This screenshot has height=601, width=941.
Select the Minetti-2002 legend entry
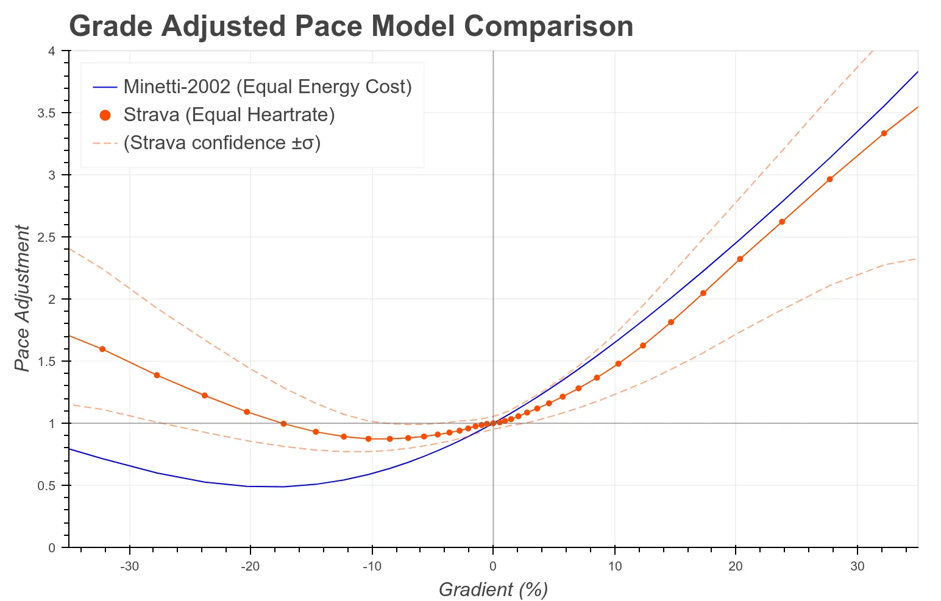coord(267,86)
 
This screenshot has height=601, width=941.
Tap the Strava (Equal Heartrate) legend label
coord(229,114)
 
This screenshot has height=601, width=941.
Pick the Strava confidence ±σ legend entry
coord(221,142)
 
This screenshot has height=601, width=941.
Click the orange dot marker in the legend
coord(105,114)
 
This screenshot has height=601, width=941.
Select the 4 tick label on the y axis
coord(52,51)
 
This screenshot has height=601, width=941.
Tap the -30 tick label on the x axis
coord(129,566)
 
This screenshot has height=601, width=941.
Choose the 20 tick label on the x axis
coord(736,566)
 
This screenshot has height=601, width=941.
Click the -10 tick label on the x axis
coord(371,566)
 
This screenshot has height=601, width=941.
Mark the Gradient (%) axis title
coord(493,589)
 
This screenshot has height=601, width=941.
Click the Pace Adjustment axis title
coord(22,298)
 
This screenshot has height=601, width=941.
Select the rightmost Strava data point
coord(884,133)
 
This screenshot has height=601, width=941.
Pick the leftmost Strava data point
coord(102,349)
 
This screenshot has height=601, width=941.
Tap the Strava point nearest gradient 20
coord(740,259)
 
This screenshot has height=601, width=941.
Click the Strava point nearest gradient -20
coord(247,412)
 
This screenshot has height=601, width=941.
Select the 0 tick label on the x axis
coord(492,566)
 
